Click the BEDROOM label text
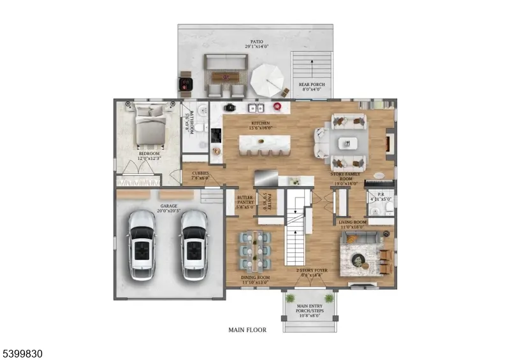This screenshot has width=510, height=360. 149,154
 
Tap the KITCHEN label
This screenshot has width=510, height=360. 260,123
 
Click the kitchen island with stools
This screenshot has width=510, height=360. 265,144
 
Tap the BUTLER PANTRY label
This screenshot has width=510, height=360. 245,202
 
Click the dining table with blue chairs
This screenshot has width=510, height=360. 254,250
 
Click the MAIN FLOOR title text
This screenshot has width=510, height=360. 247,330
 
